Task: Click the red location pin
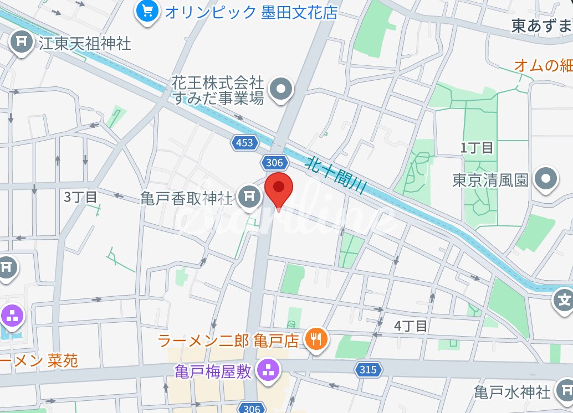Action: pos(279,189)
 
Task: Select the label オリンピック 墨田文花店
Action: pos(251,12)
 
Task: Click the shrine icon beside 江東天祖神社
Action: pos(22,43)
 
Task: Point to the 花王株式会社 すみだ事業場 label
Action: pos(217,90)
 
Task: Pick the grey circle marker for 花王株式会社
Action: pos(280,89)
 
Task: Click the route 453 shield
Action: pos(244,143)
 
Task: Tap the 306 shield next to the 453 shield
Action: pos(274,163)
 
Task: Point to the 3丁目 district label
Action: pos(80,197)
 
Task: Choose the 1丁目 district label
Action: pos(477,148)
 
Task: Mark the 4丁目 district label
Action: pos(411,326)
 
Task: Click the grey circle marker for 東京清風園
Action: pos(546,180)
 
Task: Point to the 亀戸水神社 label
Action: pos(512,393)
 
